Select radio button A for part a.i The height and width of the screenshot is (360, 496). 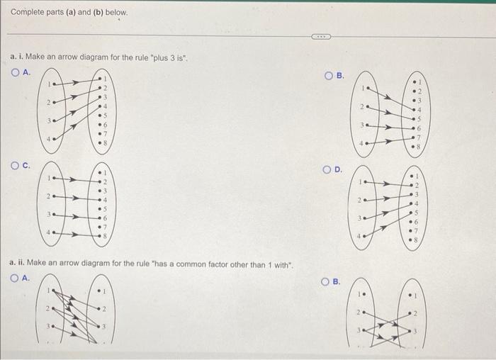(x=16, y=72)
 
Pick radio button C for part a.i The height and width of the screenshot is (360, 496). (x=16, y=166)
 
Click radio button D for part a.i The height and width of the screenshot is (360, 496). (x=327, y=169)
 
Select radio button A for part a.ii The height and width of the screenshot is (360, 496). (x=16, y=279)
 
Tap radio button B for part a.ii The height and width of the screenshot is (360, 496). (x=327, y=282)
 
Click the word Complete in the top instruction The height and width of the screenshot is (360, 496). (x=28, y=13)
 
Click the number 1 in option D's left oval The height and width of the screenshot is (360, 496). (x=361, y=182)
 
